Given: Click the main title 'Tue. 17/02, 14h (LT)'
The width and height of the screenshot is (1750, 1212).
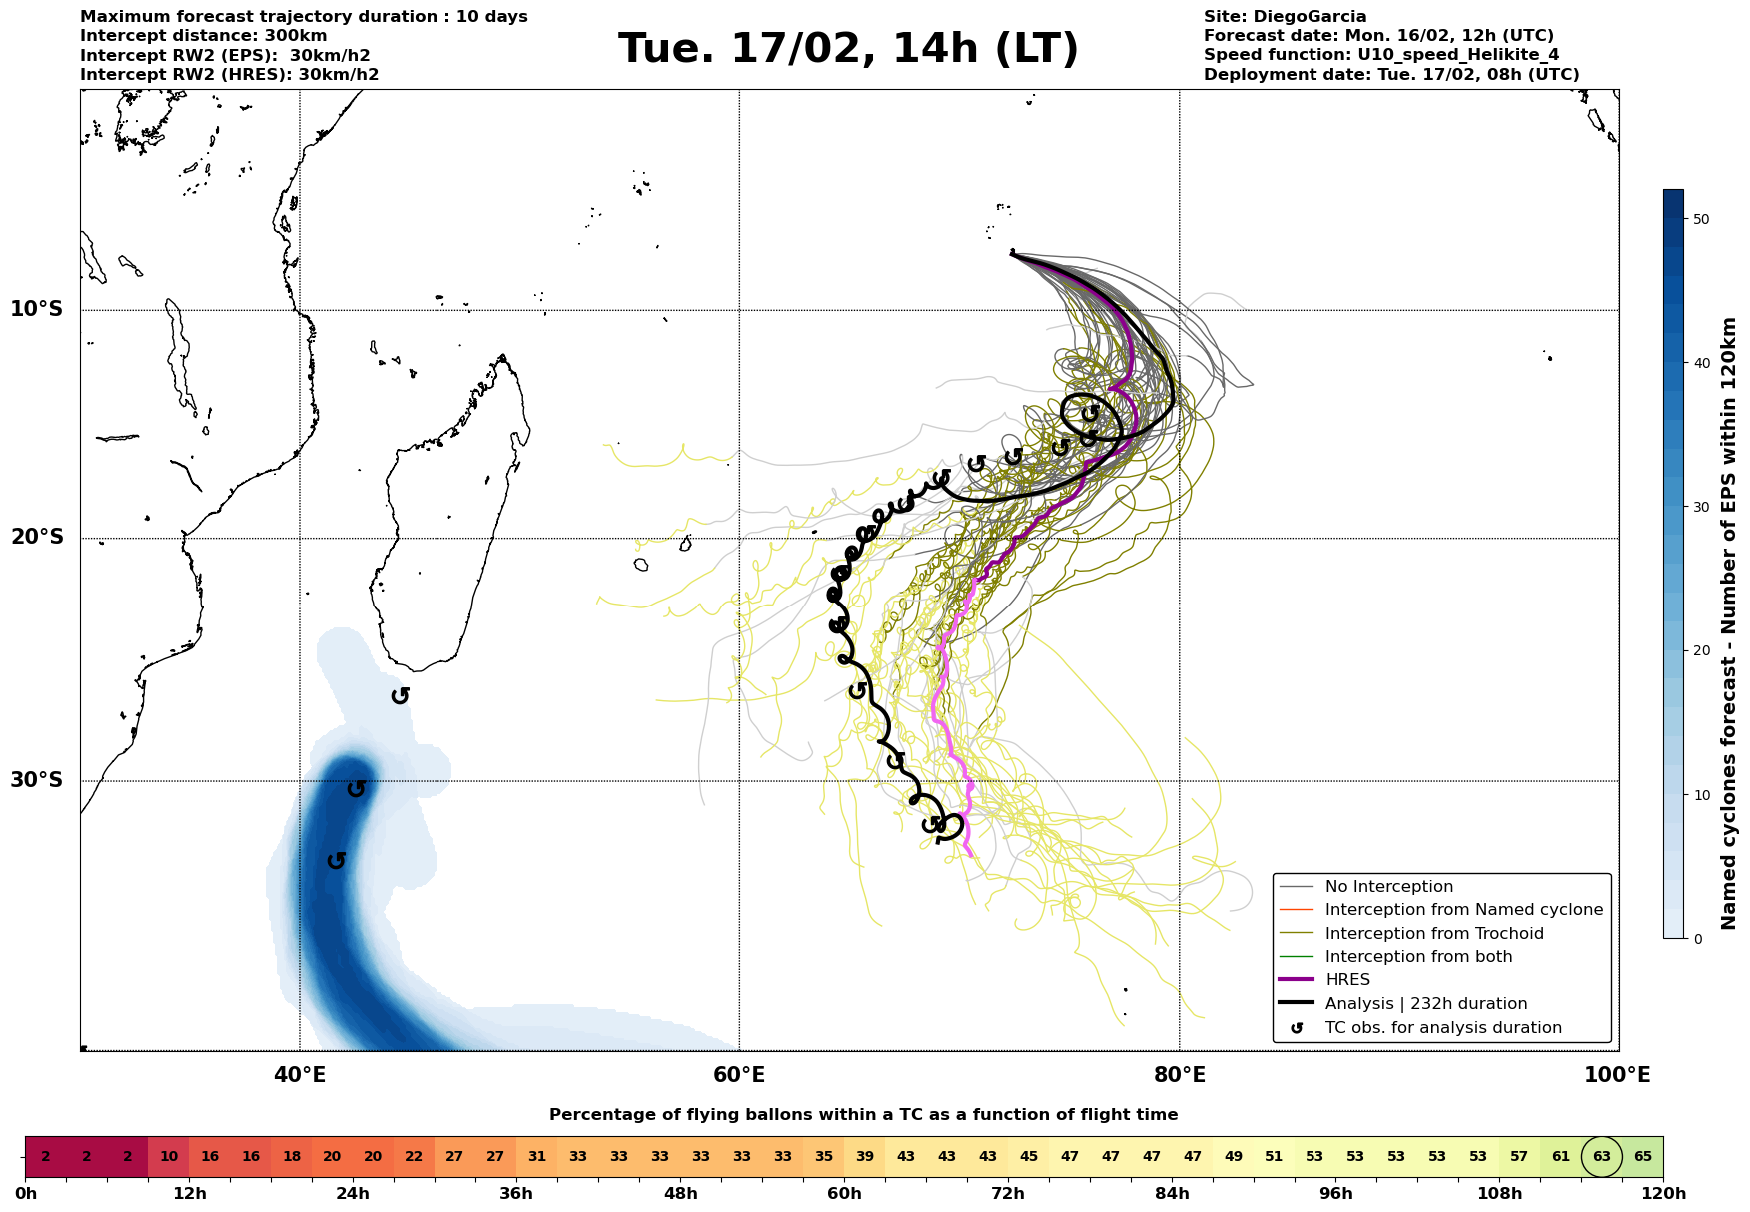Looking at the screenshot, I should [848, 49].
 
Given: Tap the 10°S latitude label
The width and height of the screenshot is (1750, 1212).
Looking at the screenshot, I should [37, 309].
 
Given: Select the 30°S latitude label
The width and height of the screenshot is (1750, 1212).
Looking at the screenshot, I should [37, 780].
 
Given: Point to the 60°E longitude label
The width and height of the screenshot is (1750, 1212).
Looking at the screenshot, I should [739, 1075].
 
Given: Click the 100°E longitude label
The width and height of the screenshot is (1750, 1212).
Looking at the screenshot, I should [1618, 1075].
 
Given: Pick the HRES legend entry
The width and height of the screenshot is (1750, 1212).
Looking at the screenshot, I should [1347, 980].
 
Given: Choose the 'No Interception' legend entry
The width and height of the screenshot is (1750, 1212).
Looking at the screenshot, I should [1388, 887].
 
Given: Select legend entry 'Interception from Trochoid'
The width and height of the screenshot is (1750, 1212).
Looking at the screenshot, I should [1434, 934].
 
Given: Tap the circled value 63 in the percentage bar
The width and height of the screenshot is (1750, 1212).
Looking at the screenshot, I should [1602, 1157].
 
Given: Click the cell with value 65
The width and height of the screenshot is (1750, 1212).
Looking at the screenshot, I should [1643, 1157].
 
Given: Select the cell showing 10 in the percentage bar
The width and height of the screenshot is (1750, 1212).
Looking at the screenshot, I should [169, 1157].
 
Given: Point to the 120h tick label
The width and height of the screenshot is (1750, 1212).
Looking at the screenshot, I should [1663, 1194].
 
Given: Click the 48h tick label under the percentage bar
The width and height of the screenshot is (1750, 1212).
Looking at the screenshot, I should [681, 1194].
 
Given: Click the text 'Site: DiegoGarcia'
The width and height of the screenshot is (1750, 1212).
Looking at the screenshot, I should [1285, 17].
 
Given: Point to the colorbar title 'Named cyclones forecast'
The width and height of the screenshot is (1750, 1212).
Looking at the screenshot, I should [1730, 623].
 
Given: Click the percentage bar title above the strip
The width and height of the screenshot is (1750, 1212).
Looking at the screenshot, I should [863, 1115].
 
